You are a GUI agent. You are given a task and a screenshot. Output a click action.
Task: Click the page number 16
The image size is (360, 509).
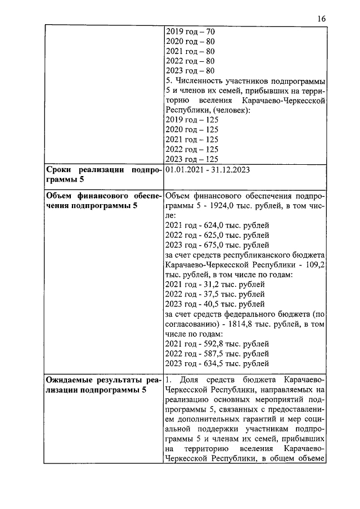click(x=321, y=19)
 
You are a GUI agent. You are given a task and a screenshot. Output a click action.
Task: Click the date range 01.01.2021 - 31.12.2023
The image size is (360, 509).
click(x=208, y=169)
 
